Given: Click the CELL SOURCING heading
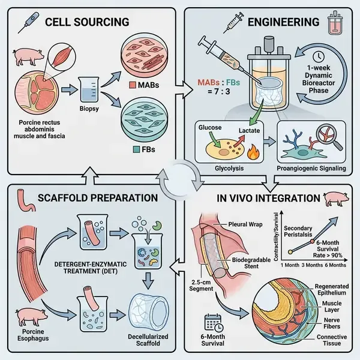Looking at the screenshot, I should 88,23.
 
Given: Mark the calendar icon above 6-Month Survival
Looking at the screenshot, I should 214,321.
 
